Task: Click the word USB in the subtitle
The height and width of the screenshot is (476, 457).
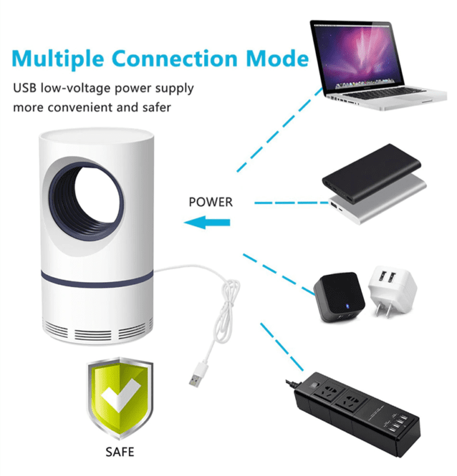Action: (x=25, y=89)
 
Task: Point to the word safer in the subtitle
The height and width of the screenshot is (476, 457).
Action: (x=155, y=108)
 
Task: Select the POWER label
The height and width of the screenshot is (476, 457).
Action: (x=211, y=202)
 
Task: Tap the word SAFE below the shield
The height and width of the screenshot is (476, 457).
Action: (x=120, y=452)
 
